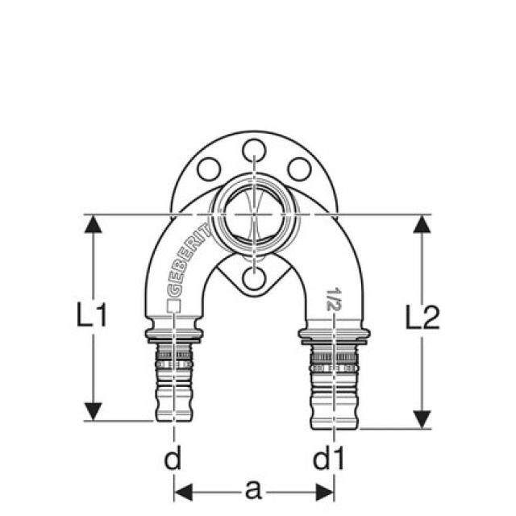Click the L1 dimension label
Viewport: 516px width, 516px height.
coord(92,317)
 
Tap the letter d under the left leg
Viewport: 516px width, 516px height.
coord(172,460)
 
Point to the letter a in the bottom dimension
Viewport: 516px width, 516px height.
coord(253,488)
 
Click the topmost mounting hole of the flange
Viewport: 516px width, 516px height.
coord(254,148)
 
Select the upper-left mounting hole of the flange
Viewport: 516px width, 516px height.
coord(210,169)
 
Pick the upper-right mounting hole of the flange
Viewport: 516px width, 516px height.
coord(299,169)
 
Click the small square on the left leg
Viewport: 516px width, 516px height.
coord(172,306)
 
